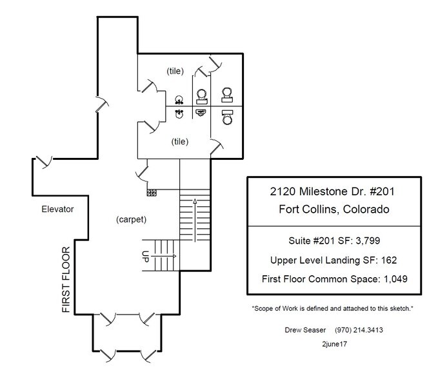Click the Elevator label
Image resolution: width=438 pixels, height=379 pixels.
57,209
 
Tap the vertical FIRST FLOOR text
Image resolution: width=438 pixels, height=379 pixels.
66,279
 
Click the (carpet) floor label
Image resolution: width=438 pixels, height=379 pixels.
132,219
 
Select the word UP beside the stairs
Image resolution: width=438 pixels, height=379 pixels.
146,256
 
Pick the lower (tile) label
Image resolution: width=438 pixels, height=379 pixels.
180,140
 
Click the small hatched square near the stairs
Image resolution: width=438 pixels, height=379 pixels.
152,192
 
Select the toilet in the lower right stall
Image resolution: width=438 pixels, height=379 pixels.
226,118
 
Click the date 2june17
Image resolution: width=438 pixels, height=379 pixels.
332,345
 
